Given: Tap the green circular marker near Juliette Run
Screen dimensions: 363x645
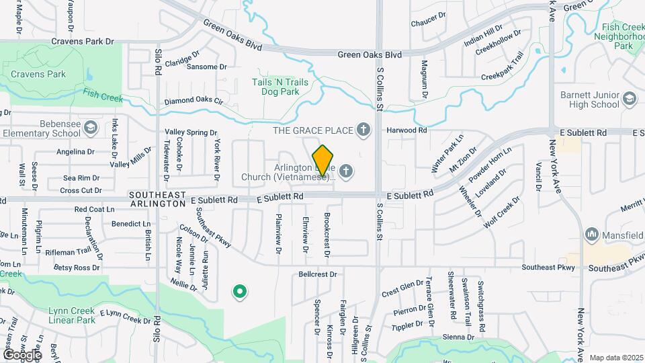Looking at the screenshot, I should (239, 292).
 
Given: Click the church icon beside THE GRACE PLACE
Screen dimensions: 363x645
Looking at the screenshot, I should (363, 129).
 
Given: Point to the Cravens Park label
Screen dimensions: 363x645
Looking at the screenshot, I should (38, 74).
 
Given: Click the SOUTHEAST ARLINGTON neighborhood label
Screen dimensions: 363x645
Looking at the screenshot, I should (158, 199).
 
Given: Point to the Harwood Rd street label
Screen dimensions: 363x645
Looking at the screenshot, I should (406, 130).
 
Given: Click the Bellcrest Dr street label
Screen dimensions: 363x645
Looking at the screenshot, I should (318, 274).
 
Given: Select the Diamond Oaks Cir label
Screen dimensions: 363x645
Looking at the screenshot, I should (193, 101).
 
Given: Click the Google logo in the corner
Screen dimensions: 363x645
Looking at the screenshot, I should (22, 354).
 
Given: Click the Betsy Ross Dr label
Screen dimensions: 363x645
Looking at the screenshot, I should (77, 268).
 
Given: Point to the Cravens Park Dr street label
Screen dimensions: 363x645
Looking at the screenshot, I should (84, 41).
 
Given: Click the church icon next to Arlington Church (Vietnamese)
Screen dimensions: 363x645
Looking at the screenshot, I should (346, 171).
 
